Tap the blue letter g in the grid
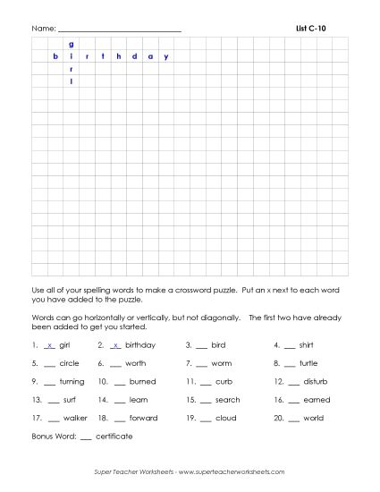point(71,44)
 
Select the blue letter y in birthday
point(165,57)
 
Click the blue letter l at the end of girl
point(71,81)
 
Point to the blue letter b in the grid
point(55,57)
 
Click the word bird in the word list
point(218,344)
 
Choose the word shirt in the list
point(306,344)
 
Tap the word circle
point(69,363)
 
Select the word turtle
point(308,363)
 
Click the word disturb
point(316,381)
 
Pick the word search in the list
point(228,400)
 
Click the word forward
point(143,418)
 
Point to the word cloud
point(225,418)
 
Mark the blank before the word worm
point(201,364)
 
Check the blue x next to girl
point(49,344)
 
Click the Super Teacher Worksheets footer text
point(190,471)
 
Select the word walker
point(75,418)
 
